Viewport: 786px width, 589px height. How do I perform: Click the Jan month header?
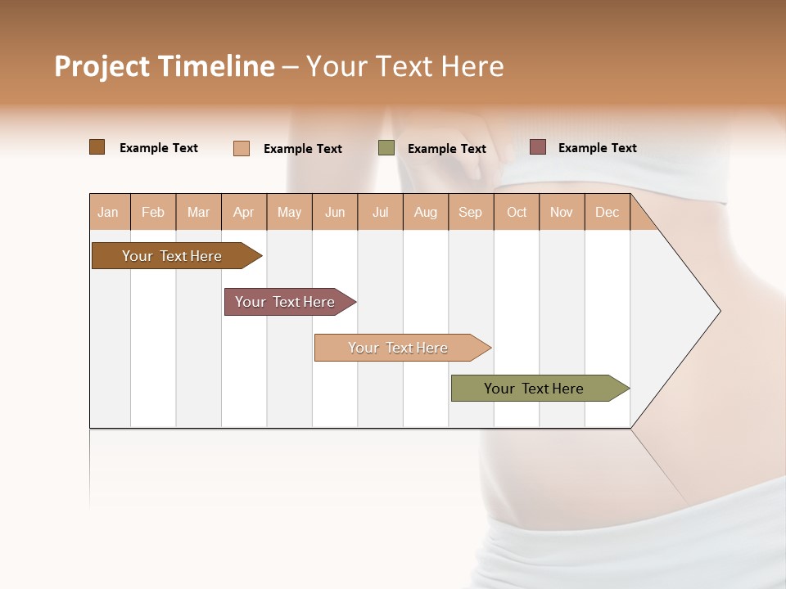click(109, 212)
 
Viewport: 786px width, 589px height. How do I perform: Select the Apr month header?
click(244, 212)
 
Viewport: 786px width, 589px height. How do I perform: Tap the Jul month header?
click(380, 212)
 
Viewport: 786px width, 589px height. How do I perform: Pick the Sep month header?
click(471, 212)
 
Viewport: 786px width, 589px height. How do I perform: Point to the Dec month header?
click(607, 212)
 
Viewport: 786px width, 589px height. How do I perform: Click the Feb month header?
click(153, 212)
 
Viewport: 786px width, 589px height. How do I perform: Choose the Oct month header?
click(517, 212)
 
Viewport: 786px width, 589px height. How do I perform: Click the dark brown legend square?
click(97, 147)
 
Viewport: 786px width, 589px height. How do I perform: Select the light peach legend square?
click(242, 148)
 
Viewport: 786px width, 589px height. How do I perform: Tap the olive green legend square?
click(386, 148)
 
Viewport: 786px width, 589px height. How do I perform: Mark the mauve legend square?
click(538, 147)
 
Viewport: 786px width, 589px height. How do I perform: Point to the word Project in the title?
click(102, 66)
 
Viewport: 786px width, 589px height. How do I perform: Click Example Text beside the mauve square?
click(597, 148)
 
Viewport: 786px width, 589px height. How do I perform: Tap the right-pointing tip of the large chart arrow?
click(717, 311)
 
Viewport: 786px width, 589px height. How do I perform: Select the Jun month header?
click(335, 212)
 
